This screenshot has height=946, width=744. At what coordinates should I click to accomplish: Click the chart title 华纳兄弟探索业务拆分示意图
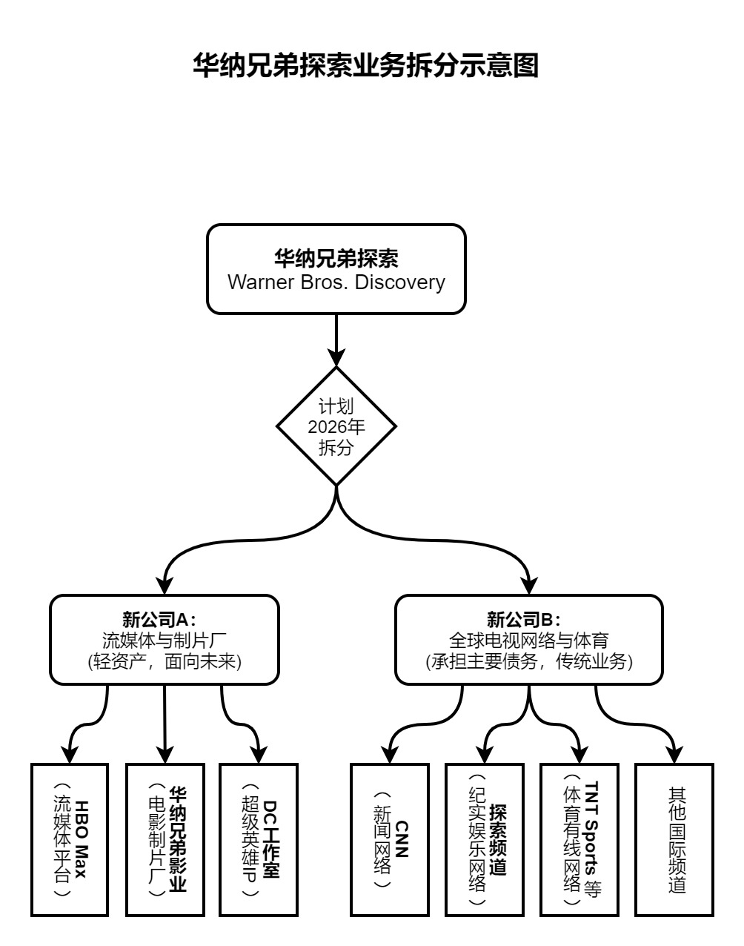pos(365,65)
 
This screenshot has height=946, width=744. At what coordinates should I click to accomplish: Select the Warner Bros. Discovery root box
pos(336,269)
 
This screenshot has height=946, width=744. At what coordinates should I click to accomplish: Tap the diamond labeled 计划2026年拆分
pos(336,426)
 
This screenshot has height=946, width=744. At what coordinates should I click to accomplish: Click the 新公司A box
pos(165,639)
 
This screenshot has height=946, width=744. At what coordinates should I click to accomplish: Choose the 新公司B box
pos(529,639)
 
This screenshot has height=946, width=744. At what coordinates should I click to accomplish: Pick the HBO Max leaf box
pos(70,839)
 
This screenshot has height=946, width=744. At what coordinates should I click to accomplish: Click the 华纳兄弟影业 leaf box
pos(165,839)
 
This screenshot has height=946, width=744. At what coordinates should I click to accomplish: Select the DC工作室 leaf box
pos(259,839)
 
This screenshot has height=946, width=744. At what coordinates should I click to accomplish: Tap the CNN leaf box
pos(390,839)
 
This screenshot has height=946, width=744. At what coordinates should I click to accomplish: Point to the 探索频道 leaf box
pos(485,839)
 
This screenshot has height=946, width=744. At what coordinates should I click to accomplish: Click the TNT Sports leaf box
pos(579,839)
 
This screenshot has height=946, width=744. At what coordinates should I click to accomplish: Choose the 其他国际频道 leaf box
pos(674,839)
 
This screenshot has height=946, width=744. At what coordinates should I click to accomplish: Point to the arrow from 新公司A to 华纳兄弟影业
pos(165,723)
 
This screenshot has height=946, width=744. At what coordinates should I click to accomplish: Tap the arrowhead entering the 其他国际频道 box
pos(674,755)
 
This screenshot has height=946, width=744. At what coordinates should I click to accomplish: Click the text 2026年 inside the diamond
pos(336,427)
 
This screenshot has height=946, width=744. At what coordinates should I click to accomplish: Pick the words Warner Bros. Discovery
pos(336,282)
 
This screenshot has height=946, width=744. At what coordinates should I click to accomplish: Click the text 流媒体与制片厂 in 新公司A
pos(165,639)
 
